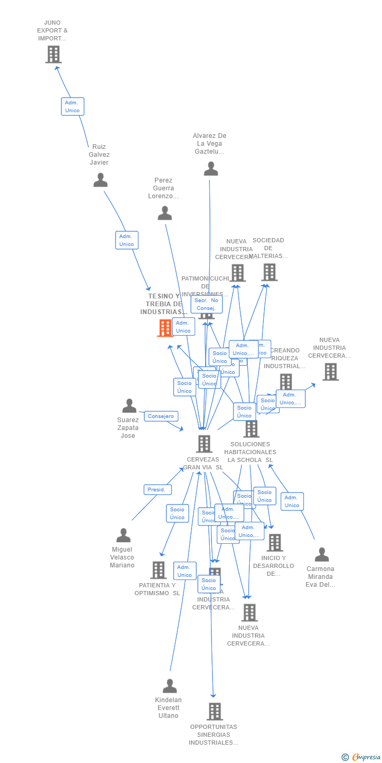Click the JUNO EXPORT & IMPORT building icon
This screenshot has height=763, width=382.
53,54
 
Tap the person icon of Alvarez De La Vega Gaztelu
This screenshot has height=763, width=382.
211,169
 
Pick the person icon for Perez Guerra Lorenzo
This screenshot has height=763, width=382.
165,213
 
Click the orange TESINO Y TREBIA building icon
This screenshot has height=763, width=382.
165,328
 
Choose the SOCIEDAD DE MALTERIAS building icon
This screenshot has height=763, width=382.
269,272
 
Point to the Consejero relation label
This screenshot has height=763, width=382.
161,416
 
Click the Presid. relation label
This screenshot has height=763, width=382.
157,490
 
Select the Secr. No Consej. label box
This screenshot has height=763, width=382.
206,304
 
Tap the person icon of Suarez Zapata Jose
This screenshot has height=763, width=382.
129,406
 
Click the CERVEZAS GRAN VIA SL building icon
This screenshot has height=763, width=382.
204,444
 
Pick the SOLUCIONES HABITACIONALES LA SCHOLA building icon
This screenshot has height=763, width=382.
251,429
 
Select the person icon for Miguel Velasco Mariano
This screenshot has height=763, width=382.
123,535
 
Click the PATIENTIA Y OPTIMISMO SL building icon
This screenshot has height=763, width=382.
158,570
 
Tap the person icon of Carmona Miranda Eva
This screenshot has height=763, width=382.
322,555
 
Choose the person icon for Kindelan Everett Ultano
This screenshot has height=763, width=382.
169,686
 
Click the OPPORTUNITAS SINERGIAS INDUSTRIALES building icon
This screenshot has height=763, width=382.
215,712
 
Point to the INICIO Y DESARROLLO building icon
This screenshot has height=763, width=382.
274,543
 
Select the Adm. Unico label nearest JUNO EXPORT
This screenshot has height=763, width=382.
72,106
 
